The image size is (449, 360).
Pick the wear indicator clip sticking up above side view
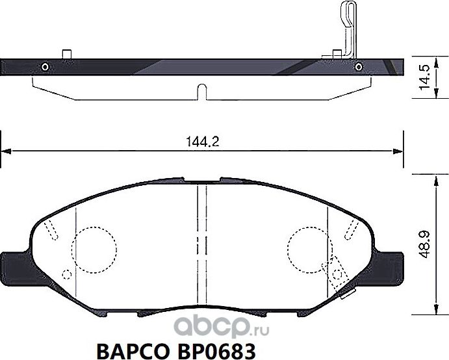pyautogui.click(x=348, y=26)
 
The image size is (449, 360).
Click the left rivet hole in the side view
pyautogui.click(x=44, y=66)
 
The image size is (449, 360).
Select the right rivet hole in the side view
pyautogui.click(x=358, y=66)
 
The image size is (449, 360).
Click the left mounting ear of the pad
pyautogui.click(x=14, y=265)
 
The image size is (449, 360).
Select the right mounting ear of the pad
pyautogui.click(x=391, y=265)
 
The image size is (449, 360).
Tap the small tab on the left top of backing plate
pyautogui.click(x=66, y=53)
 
